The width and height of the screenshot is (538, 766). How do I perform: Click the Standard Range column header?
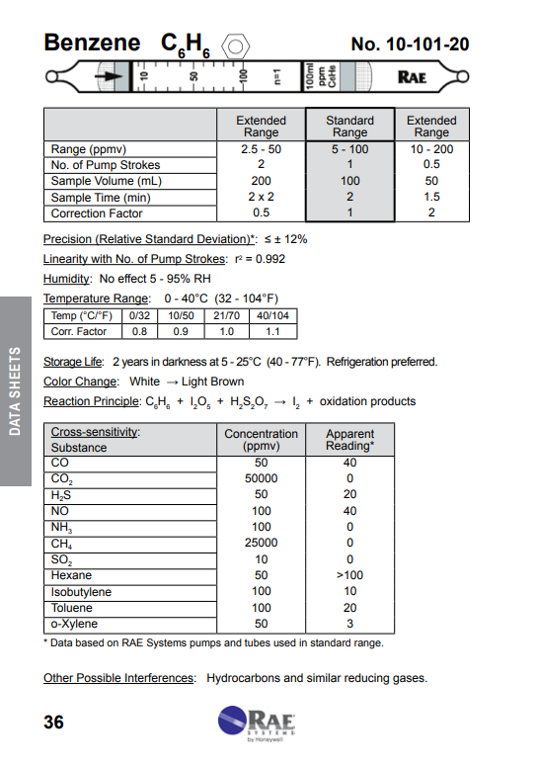click(349, 127)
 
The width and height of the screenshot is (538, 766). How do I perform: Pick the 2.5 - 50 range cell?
click(261, 149)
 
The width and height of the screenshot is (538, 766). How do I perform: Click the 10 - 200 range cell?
click(431, 149)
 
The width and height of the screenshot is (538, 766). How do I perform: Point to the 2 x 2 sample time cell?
click(261, 197)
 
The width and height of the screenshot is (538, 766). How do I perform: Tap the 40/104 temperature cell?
click(271, 316)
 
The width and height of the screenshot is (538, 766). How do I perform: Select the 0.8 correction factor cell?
click(139, 332)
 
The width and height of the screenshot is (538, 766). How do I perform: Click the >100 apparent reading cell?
click(350, 575)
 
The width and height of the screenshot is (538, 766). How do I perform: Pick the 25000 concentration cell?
click(261, 543)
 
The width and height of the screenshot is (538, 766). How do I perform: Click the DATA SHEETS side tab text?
click(15, 390)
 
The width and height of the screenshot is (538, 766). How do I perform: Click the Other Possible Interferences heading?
click(118, 678)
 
